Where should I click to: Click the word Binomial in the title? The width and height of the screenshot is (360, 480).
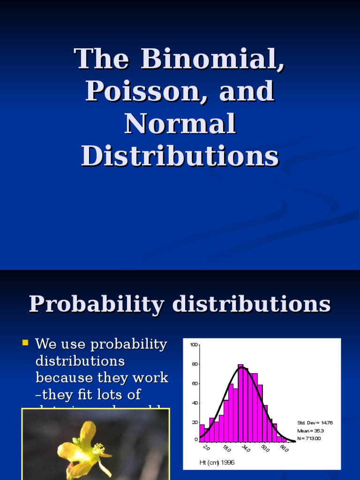point(212,59)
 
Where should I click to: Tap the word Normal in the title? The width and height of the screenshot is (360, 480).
point(180,124)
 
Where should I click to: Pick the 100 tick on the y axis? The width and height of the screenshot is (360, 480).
point(194,345)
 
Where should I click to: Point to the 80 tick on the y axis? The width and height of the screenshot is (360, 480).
point(195,364)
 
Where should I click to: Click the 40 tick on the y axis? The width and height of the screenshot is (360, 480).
point(195,403)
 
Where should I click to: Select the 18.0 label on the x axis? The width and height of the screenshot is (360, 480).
point(226,448)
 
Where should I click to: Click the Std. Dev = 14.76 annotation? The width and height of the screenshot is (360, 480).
point(315,423)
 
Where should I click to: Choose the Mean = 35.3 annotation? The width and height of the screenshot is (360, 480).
point(310,431)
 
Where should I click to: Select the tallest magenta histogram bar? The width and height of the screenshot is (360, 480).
point(240,403)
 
